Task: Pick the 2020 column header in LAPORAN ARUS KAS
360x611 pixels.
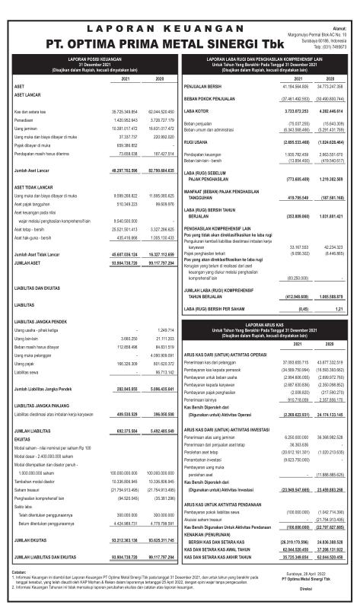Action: point(330,342)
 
